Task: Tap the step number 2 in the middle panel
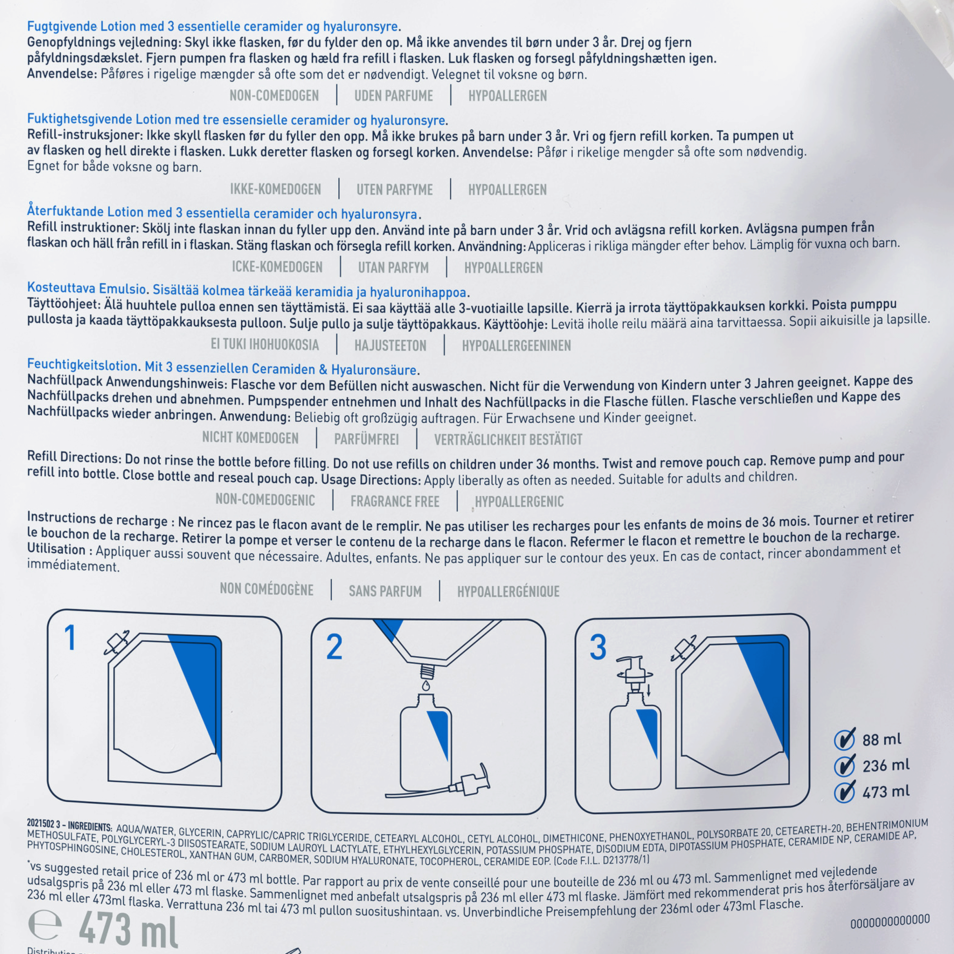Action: [x=334, y=647]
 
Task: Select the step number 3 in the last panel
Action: [x=598, y=647]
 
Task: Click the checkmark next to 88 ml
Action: [x=844, y=739]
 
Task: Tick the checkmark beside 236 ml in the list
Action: [x=844, y=765]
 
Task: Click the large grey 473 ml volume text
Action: [x=128, y=930]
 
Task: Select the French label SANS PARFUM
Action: [x=385, y=591]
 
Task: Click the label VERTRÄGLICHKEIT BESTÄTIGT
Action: [x=508, y=439]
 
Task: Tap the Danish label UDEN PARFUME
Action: [x=394, y=96]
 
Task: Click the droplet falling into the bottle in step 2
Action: [x=426, y=686]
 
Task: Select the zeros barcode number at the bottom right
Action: [x=890, y=920]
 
